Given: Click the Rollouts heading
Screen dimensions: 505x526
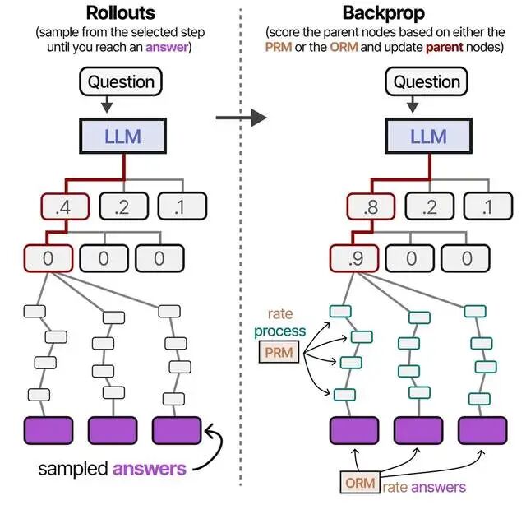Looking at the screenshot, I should click(x=122, y=14).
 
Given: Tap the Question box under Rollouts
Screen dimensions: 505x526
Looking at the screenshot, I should click(x=122, y=81).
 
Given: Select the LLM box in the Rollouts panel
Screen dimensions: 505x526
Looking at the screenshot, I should click(x=122, y=137).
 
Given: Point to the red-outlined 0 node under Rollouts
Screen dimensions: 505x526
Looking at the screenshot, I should click(x=47, y=258).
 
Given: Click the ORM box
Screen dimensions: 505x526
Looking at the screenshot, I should click(x=358, y=484).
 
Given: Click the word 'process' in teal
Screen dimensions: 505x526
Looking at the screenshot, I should click(x=279, y=331).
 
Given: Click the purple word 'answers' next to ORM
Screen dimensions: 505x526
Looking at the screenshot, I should click(x=437, y=485).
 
